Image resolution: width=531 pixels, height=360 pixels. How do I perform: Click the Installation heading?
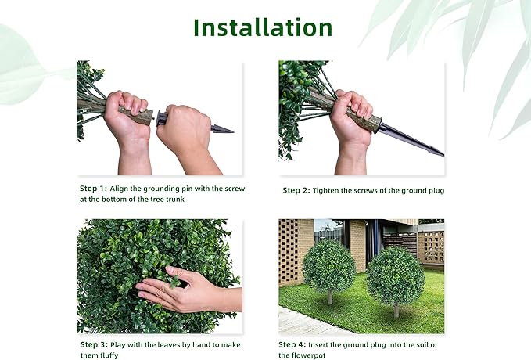(x=263, y=27)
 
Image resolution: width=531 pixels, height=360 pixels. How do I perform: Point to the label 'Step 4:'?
(x=295, y=344)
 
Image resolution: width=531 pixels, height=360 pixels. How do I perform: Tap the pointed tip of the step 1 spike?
(x=231, y=130)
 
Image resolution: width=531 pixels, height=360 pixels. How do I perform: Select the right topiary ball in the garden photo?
(x=396, y=275)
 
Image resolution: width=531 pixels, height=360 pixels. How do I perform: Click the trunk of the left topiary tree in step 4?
(x=330, y=297)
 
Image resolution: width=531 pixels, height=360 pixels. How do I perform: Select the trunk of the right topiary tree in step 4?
(x=396, y=310)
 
